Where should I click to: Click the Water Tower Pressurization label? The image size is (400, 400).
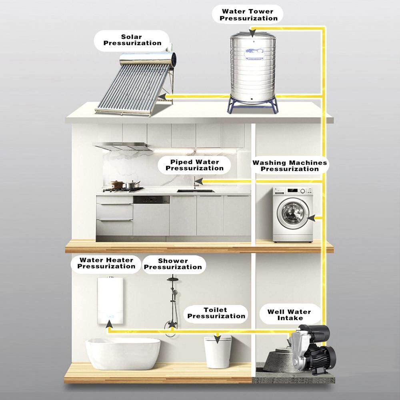click(x=250, y=15)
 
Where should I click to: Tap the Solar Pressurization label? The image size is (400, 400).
click(x=132, y=40)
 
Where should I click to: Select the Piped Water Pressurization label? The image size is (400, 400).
click(x=194, y=165)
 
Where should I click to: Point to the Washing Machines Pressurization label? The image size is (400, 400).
click(x=290, y=166)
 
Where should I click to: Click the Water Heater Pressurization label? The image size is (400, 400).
click(x=106, y=263)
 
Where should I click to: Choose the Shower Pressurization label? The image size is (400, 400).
click(x=173, y=264)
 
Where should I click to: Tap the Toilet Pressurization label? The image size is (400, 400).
click(x=216, y=313)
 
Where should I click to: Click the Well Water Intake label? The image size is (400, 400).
click(x=289, y=315)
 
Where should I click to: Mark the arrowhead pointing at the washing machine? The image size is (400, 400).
click(x=314, y=218)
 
